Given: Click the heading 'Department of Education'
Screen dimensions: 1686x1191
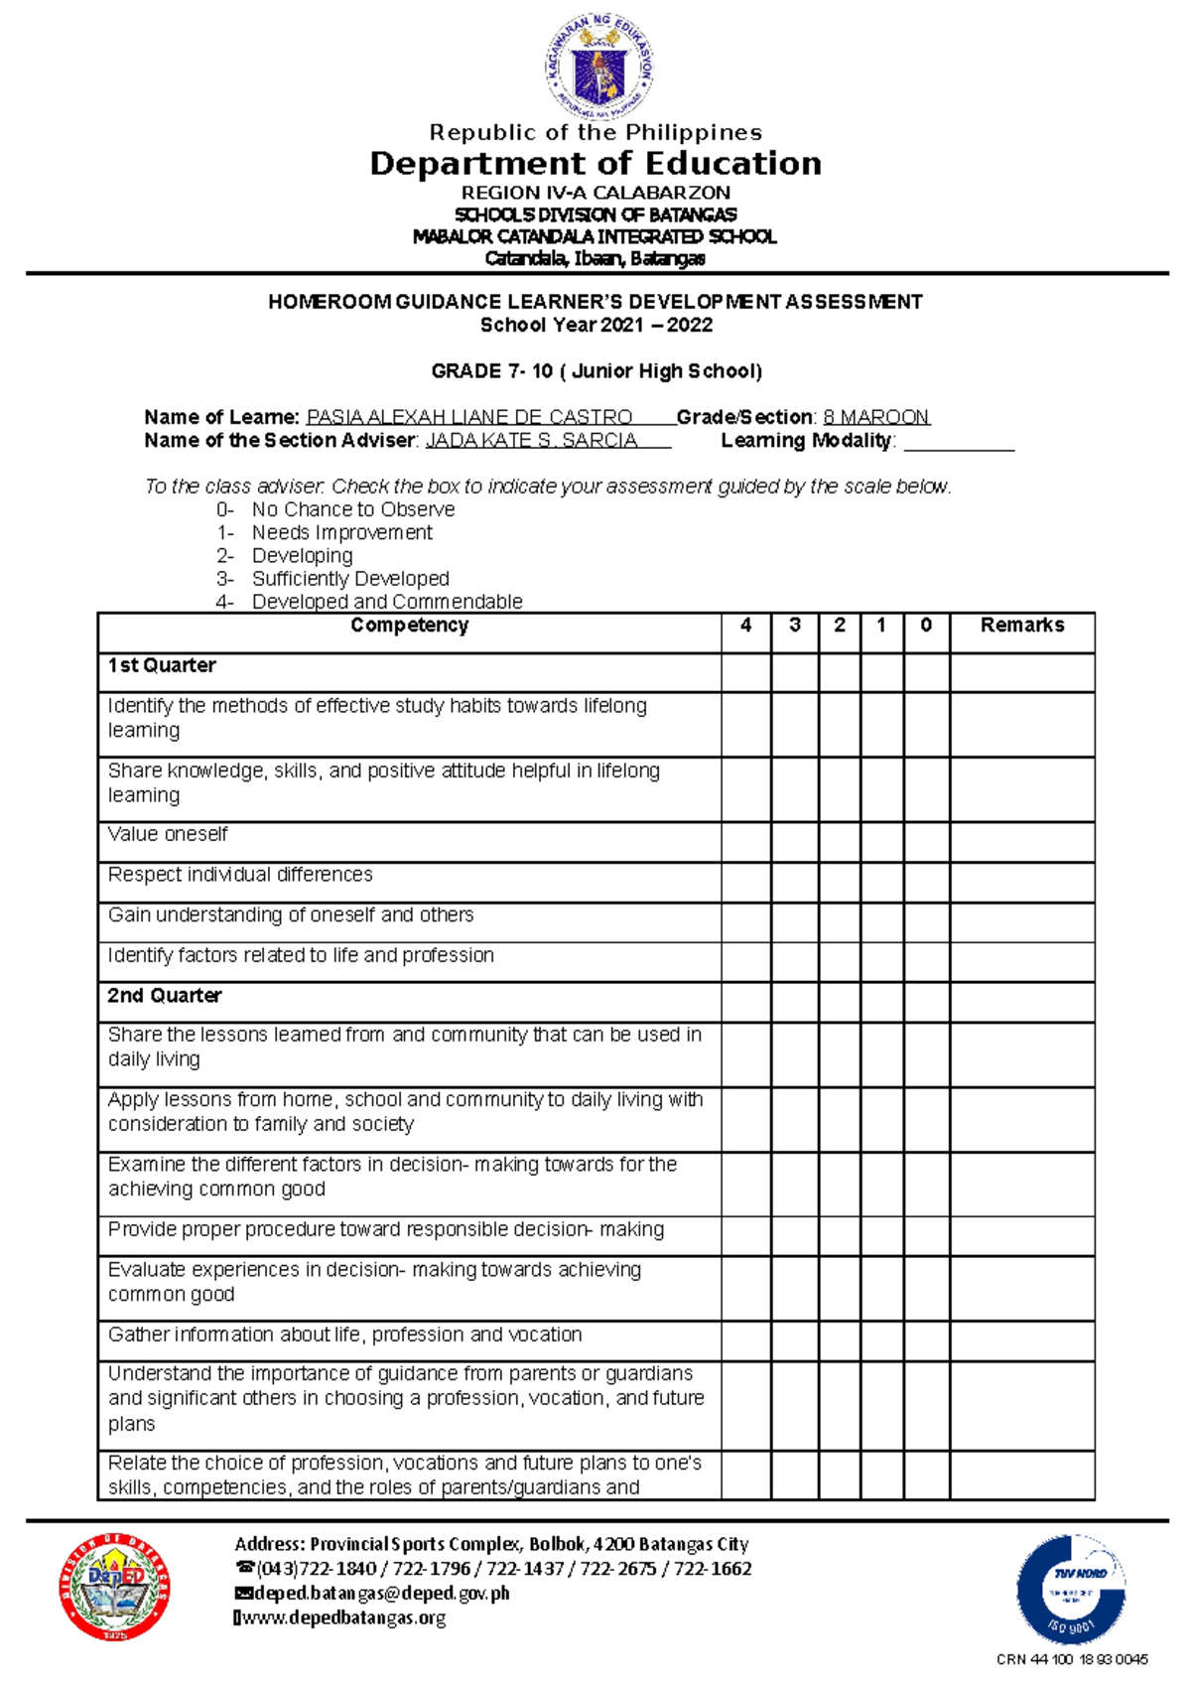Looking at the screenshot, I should click(595, 164).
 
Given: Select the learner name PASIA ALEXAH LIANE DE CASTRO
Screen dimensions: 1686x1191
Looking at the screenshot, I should click(469, 417).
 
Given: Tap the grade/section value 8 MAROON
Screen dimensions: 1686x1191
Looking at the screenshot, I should click(875, 417).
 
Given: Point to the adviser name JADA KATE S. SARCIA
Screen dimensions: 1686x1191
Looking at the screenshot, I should click(531, 441).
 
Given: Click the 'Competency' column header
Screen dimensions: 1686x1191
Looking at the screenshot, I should click(409, 626).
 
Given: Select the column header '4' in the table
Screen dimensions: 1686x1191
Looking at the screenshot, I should click(745, 626).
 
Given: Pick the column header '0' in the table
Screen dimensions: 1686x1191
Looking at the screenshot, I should click(926, 626).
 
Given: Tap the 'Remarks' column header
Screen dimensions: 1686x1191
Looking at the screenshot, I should click(1021, 626).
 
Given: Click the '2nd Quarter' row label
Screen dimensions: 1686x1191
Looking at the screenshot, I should click(165, 996).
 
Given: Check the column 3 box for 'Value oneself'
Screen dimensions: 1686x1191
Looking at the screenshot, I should click(794, 842).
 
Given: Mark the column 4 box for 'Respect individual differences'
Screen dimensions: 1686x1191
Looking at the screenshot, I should click(745, 882).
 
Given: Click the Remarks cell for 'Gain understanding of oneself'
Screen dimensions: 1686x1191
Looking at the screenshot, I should click(1021, 922).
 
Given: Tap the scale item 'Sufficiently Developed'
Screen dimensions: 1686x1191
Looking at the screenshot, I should click(349, 579).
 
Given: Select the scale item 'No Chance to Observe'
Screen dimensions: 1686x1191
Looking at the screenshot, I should click(352, 509).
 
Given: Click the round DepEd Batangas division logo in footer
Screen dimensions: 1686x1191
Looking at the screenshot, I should click(115, 1587).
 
